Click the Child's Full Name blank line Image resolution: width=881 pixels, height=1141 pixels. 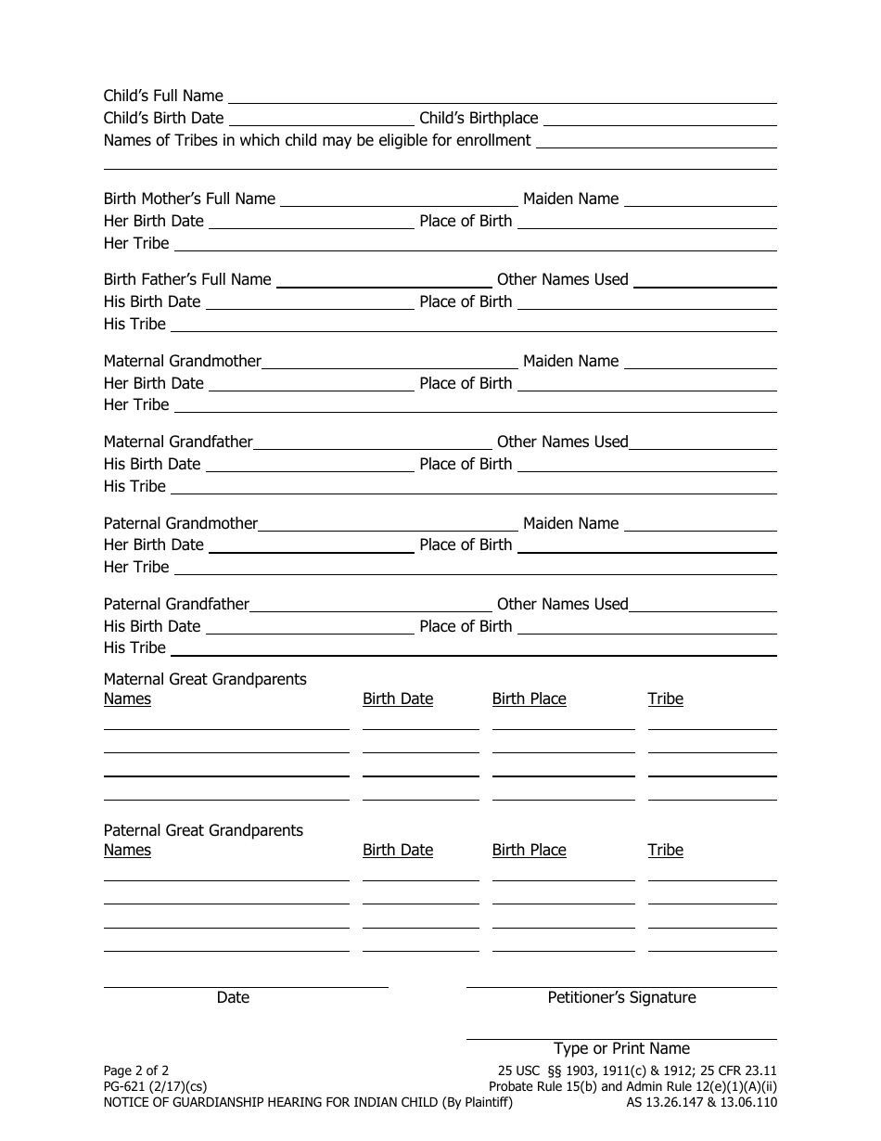tap(502, 98)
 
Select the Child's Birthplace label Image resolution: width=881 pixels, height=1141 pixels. tap(479, 118)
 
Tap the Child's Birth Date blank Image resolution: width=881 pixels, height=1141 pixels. tap(321, 120)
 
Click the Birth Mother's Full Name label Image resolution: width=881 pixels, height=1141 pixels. tap(189, 199)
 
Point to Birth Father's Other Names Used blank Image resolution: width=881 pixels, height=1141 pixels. tap(705, 282)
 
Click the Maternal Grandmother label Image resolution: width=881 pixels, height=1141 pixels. tap(183, 361)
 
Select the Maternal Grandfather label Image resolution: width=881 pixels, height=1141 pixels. tap(178, 442)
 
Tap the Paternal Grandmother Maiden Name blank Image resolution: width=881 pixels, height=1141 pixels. tap(700, 526)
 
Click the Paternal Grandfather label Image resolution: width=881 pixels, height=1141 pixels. tap(176, 604)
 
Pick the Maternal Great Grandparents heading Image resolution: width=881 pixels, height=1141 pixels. tap(205, 679)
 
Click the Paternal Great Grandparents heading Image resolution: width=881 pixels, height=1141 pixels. tap(203, 830)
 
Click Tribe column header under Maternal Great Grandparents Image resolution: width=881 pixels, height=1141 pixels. tap(665, 699)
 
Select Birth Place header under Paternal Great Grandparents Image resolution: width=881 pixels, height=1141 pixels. tap(529, 850)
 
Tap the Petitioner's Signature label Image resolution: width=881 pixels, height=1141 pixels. tap(621, 997)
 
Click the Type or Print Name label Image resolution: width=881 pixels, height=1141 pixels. tap(621, 1048)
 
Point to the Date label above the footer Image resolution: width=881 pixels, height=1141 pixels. tap(233, 997)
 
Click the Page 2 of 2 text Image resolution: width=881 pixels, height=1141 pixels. tap(136, 1070)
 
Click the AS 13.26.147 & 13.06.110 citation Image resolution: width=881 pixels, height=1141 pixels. tap(701, 1103)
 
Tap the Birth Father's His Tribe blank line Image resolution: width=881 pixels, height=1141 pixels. tap(473, 327)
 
